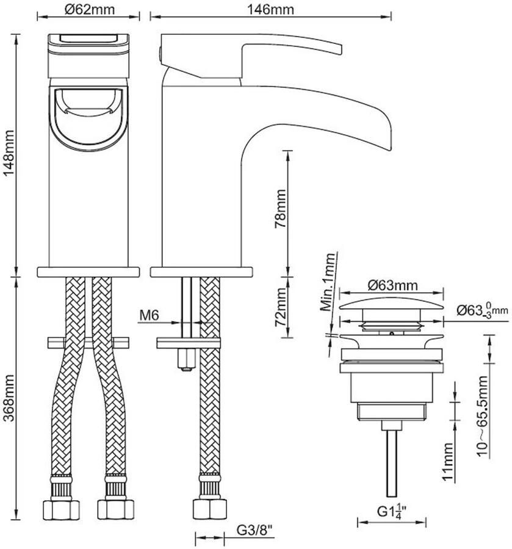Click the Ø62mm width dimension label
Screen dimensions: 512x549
click(89, 9)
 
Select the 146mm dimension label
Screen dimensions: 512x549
click(270, 9)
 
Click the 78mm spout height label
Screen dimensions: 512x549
click(280, 209)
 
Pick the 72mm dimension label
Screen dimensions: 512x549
click(280, 307)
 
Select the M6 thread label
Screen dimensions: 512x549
click(149, 315)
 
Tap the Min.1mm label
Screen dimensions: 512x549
click(329, 282)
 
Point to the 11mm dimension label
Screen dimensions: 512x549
click(449, 461)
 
